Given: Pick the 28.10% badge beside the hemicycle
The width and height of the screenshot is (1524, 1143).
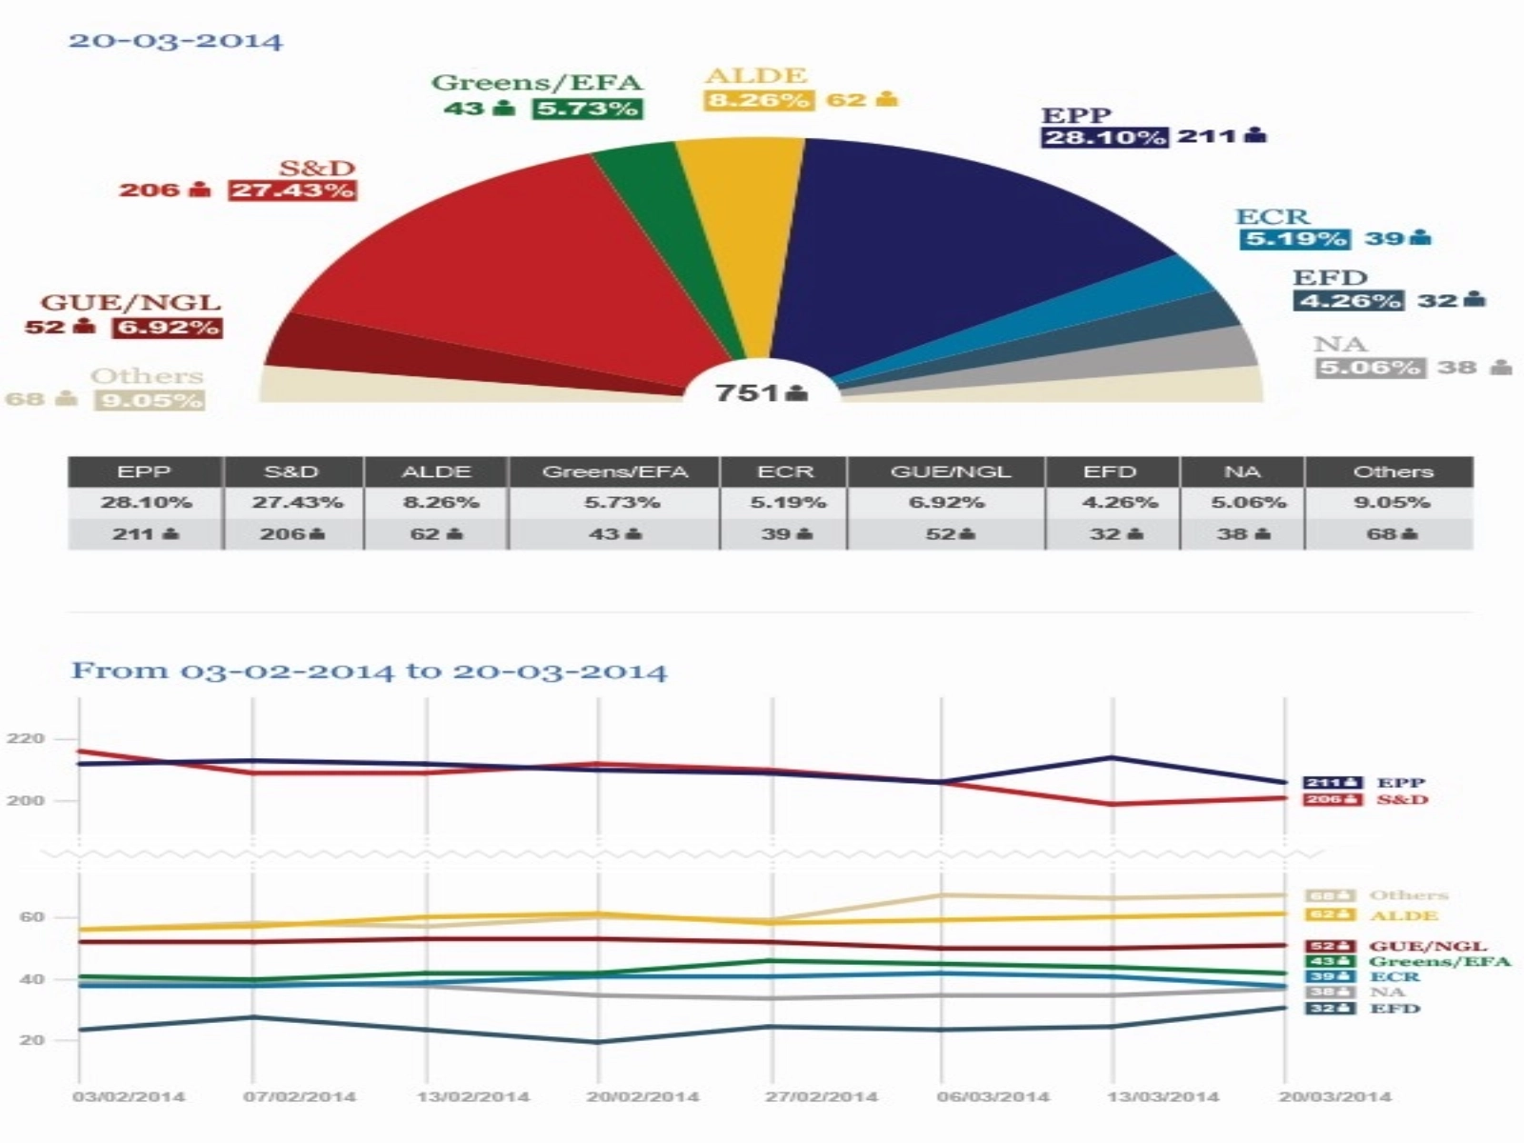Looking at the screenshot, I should click(x=1105, y=137).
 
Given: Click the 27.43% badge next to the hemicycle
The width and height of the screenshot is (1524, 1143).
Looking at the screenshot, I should click(x=292, y=190).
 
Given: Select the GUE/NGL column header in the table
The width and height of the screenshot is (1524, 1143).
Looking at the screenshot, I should click(x=949, y=471).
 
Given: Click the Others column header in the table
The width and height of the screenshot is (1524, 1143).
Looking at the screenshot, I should click(x=1392, y=471).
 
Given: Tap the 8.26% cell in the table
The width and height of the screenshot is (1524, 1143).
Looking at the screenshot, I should click(x=436, y=502).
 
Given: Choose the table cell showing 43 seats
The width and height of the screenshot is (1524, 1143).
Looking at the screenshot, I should click(x=614, y=534).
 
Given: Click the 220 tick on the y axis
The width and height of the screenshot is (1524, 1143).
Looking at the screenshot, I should click(x=26, y=739).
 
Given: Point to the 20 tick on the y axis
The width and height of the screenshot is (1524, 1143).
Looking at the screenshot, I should click(x=31, y=1040).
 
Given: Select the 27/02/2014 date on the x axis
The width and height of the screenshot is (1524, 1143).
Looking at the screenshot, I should click(x=821, y=1097).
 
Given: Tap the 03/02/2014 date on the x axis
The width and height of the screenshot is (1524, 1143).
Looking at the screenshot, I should click(x=129, y=1097).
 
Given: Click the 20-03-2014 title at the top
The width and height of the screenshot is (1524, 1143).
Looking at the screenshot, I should click(x=175, y=42).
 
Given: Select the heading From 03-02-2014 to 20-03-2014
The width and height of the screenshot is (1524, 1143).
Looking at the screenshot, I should click(x=370, y=672).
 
